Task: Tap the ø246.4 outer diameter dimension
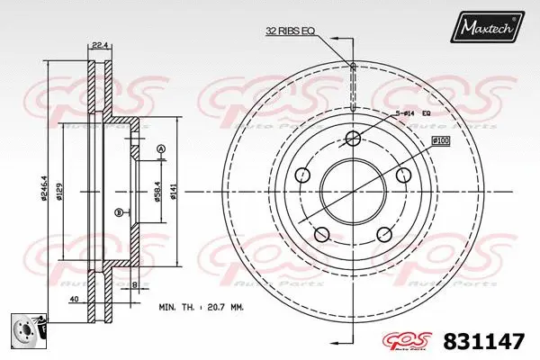[44, 191]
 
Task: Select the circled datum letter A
[161, 148]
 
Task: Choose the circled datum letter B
[119, 212]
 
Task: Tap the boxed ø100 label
[441, 140]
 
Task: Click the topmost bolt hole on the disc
[354, 138]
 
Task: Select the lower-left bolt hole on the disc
[319, 235]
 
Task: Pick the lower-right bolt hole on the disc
[383, 235]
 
